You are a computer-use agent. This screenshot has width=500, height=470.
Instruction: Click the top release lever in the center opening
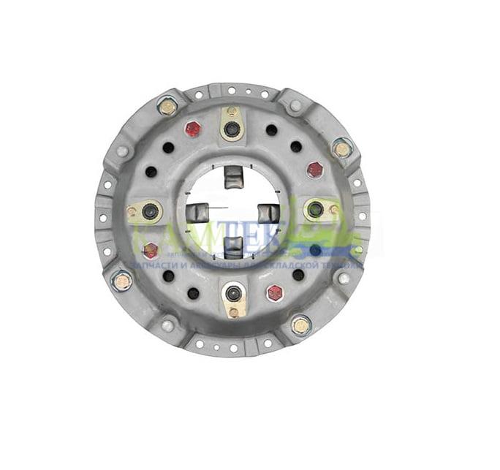pos(232,176)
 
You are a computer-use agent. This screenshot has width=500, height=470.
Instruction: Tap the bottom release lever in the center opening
pos(232,243)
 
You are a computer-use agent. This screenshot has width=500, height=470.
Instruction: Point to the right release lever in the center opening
pos(268,213)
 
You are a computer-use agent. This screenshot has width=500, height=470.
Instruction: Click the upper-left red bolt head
pos(193,129)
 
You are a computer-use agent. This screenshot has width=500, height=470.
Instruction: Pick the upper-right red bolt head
pos(315,170)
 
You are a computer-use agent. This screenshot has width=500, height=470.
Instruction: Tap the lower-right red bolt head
pos(275,292)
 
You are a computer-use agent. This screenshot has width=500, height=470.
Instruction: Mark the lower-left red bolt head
pos(151,251)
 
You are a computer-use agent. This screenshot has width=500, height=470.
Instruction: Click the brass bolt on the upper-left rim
pos(167,107)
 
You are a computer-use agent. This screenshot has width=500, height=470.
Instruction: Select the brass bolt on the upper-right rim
pos(341,148)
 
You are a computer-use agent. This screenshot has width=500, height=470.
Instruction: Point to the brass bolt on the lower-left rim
pos(122,280)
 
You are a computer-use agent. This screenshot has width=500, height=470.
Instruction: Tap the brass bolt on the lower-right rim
pos(300,324)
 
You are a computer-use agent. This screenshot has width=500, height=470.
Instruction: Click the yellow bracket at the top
pos(232,124)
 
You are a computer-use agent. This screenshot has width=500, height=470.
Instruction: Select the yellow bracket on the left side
pos(145,212)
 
